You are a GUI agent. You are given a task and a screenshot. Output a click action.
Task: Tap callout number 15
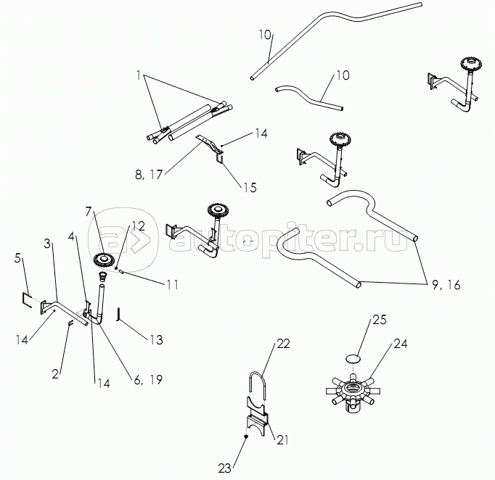[x=249, y=187]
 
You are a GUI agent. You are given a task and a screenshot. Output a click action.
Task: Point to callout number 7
[x=89, y=212]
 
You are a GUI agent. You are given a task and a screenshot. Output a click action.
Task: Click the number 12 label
[x=139, y=226]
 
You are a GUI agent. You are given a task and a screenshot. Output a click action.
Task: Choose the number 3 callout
[x=49, y=244]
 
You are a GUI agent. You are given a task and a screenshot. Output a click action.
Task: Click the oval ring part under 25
[x=353, y=358]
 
